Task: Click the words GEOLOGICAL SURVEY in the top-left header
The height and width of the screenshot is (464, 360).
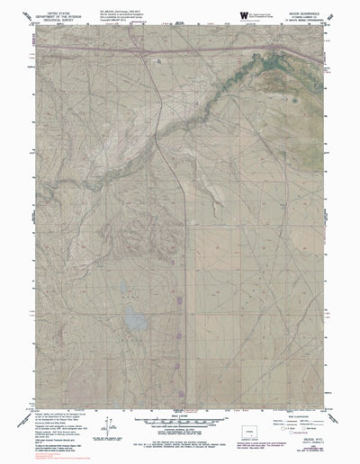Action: click(47, 22)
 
